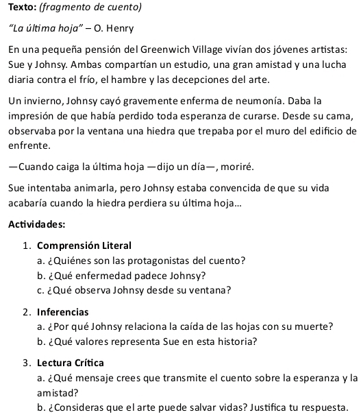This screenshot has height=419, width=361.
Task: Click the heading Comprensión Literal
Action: click(x=84, y=246)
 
